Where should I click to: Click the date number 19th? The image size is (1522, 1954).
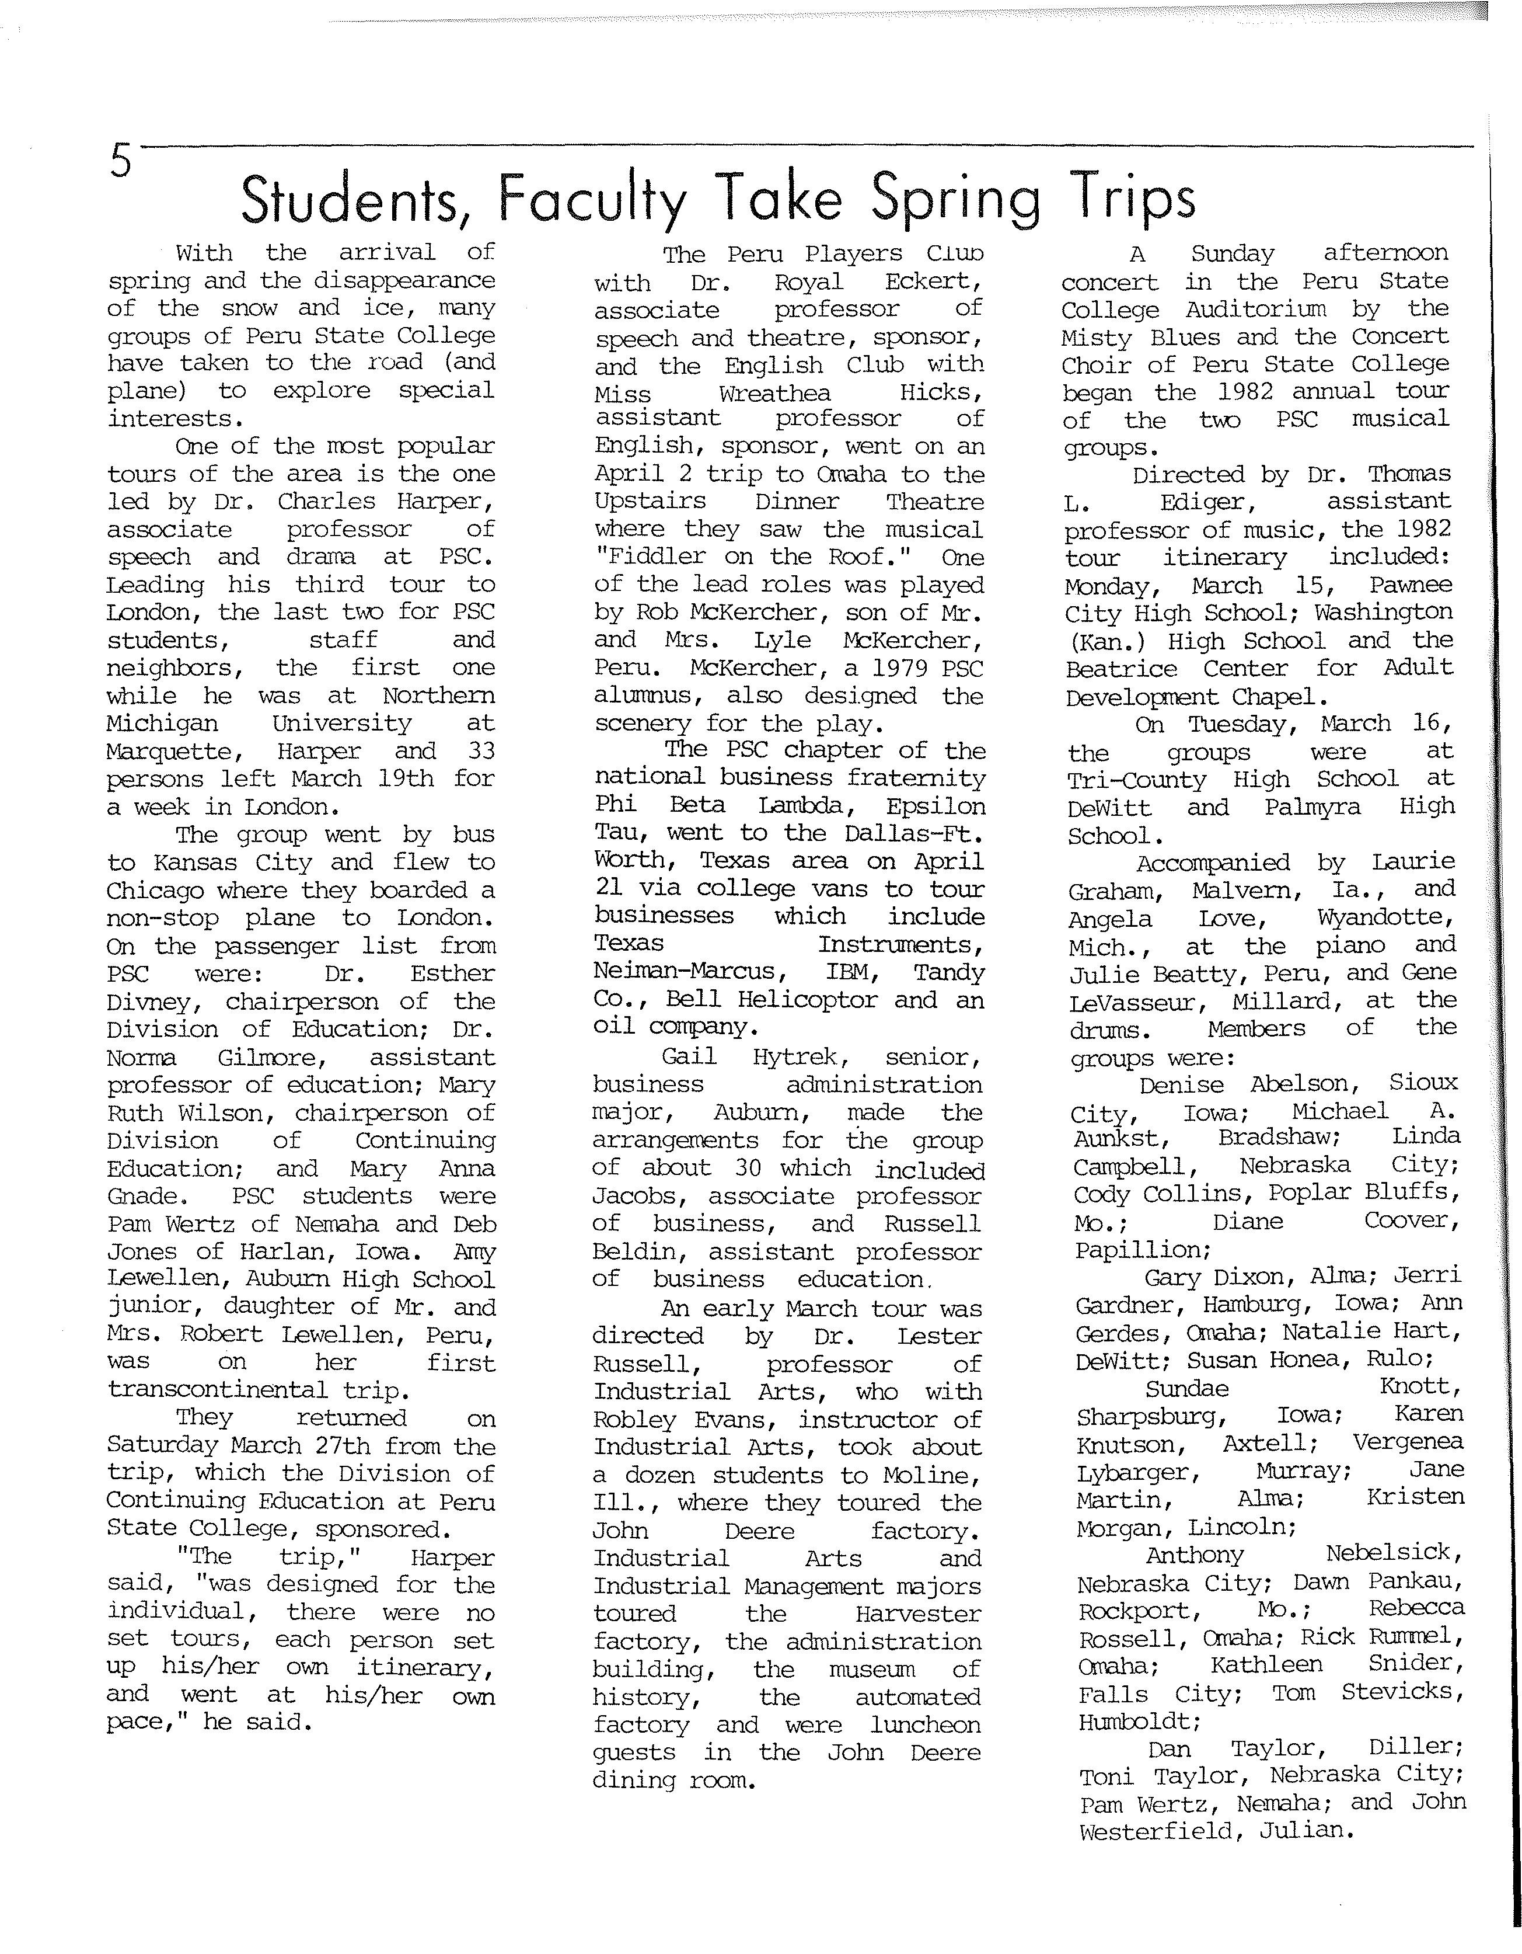[406, 778]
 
